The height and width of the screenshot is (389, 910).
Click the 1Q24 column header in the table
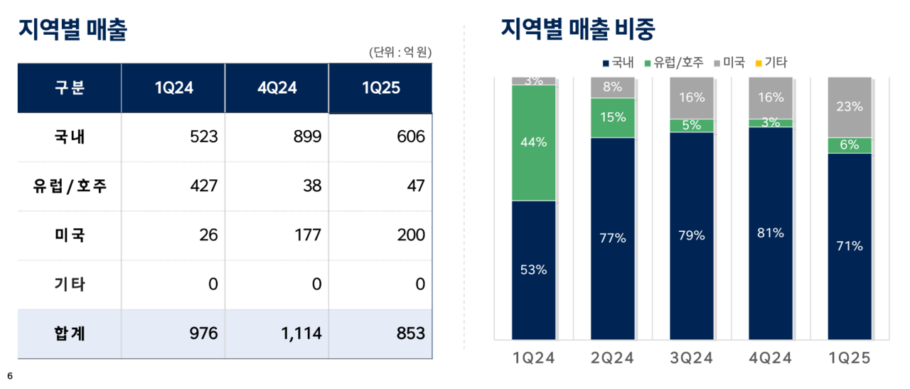(173, 88)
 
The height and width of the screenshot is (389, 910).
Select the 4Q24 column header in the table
(277, 88)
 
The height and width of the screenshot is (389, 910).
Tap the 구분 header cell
(70, 88)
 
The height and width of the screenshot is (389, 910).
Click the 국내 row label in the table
(70, 137)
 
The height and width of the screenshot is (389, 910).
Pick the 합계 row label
(70, 333)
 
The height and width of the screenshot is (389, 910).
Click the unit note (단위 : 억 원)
(400, 52)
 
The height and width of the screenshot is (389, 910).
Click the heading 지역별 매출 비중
(577, 30)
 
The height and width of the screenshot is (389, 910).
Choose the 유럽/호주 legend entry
(673, 63)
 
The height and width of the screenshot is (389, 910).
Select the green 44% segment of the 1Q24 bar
(533, 142)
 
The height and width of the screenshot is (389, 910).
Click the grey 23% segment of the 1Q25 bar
(850, 107)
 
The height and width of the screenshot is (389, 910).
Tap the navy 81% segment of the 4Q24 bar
(771, 233)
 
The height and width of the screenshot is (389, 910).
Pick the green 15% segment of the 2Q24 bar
(612, 117)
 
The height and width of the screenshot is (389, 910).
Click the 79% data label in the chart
(691, 235)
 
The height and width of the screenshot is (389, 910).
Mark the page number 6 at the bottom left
(10, 375)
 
